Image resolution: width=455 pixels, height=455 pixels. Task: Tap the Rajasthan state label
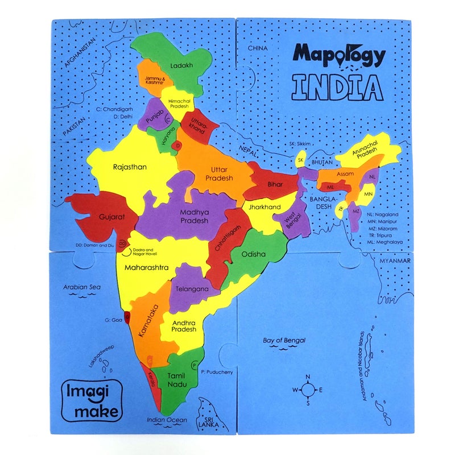click(130, 167)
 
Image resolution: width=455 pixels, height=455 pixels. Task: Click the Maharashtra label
click(146, 267)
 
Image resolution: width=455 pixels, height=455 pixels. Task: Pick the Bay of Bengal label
click(284, 340)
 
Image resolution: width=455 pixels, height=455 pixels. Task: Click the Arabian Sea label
click(82, 287)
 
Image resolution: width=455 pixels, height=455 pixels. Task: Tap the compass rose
click(308, 390)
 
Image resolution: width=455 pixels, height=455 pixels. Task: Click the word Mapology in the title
click(339, 55)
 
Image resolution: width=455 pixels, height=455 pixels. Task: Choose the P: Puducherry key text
click(217, 372)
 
